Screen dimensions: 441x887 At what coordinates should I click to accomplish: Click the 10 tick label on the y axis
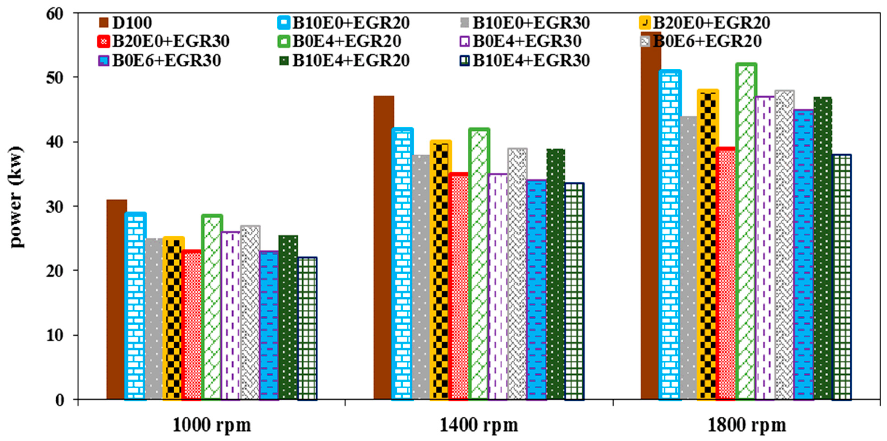[55, 335]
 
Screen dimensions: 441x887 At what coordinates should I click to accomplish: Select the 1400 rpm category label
[479, 425]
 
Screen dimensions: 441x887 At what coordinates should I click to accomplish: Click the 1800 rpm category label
[747, 425]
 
